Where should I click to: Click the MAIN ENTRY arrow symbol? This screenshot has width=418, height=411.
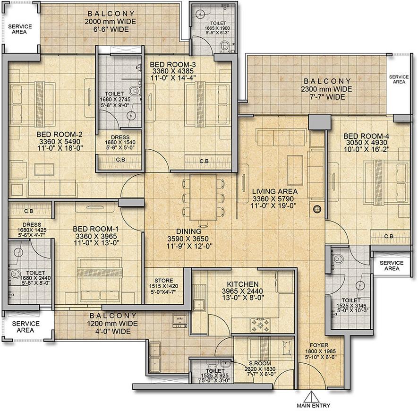[x=311, y=397]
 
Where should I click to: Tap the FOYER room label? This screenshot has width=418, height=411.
[x=319, y=345]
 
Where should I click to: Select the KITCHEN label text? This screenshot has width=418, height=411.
[x=243, y=284]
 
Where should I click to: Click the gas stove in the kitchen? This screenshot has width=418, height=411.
[x=260, y=325]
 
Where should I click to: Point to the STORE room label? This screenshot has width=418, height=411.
[x=164, y=281]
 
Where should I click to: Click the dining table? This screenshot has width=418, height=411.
[x=203, y=197]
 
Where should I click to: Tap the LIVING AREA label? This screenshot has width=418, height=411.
[x=275, y=191]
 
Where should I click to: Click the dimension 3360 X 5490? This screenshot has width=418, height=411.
[x=60, y=142]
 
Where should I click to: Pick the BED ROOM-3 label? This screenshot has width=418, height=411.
[x=173, y=65]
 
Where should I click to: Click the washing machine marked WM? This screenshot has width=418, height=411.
[x=179, y=320]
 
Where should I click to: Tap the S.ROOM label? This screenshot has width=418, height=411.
[x=260, y=363]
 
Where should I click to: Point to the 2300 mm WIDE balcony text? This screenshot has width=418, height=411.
[x=326, y=89]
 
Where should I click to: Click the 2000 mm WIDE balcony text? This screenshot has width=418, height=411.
[x=110, y=22]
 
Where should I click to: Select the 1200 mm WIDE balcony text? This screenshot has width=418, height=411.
[x=112, y=324]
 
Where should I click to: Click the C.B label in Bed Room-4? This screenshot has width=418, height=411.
[x=389, y=236]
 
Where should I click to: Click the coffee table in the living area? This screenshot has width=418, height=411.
[x=295, y=170]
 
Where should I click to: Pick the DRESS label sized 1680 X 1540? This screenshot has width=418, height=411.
[x=120, y=137]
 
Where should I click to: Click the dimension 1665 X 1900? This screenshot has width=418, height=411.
[x=217, y=28]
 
